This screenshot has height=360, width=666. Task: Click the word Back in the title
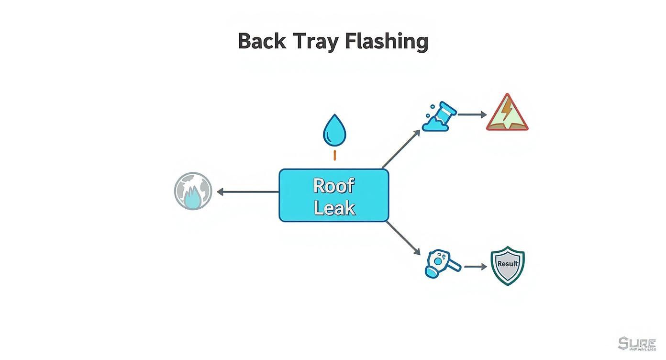[262, 41]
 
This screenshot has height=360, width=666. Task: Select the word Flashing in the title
[386, 42]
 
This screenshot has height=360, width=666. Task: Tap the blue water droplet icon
[334, 130]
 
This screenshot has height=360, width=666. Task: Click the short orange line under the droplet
[334, 155]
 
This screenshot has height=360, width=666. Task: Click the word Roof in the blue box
[333, 185]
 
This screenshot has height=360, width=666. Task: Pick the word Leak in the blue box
[334, 208]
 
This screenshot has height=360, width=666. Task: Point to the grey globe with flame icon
[192, 191]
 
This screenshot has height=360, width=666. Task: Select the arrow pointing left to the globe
[247, 192]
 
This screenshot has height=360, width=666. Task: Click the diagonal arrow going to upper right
[401, 149]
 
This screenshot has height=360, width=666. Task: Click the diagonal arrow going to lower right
[403, 238]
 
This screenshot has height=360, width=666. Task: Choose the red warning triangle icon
[507, 113]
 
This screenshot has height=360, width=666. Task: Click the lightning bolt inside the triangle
[507, 112]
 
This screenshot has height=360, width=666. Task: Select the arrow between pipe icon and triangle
[472, 114]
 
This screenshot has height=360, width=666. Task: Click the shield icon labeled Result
[508, 266]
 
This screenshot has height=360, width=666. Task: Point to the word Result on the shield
[508, 263]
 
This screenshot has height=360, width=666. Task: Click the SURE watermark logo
[637, 344]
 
